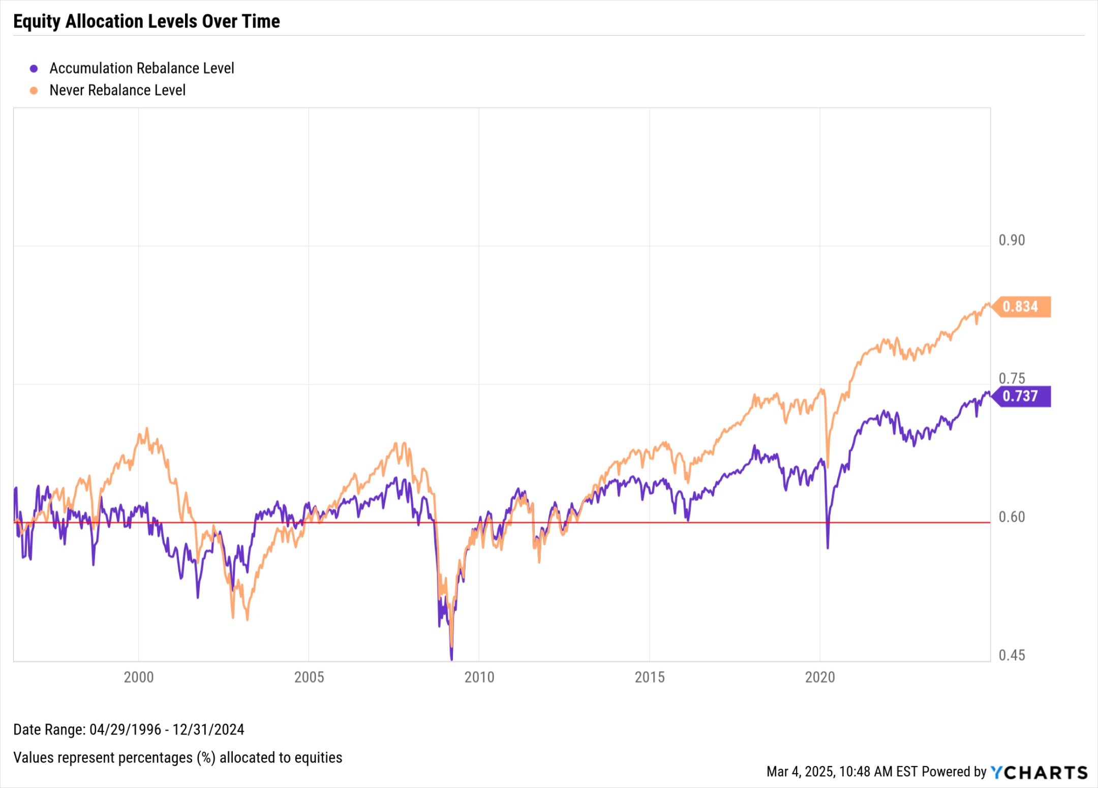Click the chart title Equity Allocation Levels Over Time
pyautogui.click(x=146, y=21)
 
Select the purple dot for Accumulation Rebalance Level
pyautogui.click(x=34, y=69)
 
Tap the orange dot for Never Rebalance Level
pyautogui.click(x=34, y=90)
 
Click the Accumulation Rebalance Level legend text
pyautogui.click(x=141, y=68)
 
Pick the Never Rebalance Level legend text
pyautogui.click(x=117, y=90)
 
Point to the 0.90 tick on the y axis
pyautogui.click(x=1012, y=240)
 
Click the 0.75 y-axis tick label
pyautogui.click(x=1012, y=378)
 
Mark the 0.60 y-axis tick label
pyautogui.click(x=1012, y=517)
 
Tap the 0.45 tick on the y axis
pyautogui.click(x=1012, y=655)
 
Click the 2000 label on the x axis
pyautogui.click(x=139, y=677)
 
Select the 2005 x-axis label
pyautogui.click(x=309, y=677)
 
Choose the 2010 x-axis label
pyautogui.click(x=479, y=677)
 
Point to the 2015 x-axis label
pyautogui.click(x=650, y=677)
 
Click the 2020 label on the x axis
pyautogui.click(x=820, y=677)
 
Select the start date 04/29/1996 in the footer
pyautogui.click(x=125, y=730)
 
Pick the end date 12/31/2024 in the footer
pyautogui.click(x=208, y=730)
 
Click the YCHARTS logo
pyautogui.click(x=1039, y=772)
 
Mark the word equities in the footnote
pyautogui.click(x=318, y=757)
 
